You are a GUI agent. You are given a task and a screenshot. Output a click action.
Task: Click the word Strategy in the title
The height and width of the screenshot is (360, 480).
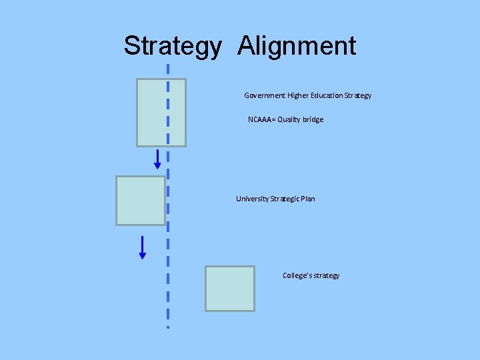[x=172, y=47]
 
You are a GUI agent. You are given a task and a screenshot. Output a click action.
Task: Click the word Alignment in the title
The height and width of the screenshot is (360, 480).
[x=297, y=47]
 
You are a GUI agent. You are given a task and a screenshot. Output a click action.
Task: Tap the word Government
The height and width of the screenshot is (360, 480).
[x=265, y=95]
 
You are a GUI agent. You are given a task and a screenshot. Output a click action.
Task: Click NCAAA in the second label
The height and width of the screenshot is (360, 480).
[x=260, y=119]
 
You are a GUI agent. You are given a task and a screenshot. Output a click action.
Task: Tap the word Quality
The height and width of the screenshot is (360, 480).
[x=289, y=119]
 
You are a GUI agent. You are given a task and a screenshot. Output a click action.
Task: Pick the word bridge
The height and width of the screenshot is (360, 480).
[x=313, y=119]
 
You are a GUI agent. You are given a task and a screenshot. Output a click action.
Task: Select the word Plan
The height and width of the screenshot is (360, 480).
[x=307, y=199]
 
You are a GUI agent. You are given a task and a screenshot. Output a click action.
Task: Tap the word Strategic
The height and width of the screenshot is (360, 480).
[x=285, y=199]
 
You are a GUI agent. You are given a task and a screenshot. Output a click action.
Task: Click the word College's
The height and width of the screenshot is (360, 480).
[x=296, y=275]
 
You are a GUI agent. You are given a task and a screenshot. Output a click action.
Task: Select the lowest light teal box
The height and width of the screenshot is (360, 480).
[x=229, y=288]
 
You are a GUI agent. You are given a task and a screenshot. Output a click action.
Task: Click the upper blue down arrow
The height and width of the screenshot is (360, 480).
[x=158, y=159]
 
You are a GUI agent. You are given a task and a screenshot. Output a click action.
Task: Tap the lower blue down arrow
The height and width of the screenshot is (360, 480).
[x=143, y=247]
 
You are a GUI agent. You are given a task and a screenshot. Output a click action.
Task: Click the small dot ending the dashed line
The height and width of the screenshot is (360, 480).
[x=168, y=327]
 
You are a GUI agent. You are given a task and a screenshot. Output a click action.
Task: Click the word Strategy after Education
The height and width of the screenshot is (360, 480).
[x=358, y=95]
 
